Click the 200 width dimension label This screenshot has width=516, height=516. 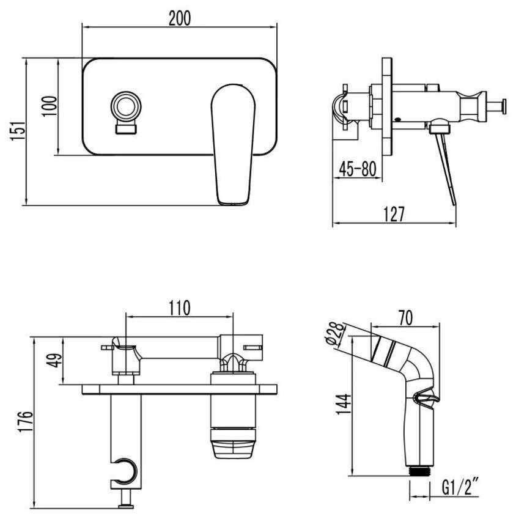[179, 18]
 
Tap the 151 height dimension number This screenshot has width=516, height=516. [18, 131]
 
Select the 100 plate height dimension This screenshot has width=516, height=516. [50, 106]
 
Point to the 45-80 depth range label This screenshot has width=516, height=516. [358, 169]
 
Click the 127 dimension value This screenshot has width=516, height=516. [394, 214]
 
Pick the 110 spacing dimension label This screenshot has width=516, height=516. [180, 308]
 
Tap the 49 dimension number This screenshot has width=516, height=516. [54, 360]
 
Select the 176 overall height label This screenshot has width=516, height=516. [26, 422]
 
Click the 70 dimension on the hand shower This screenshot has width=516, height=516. [405, 318]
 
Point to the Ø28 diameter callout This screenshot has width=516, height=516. [336, 333]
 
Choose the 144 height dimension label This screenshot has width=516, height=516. [344, 405]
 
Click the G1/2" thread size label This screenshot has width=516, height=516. [460, 487]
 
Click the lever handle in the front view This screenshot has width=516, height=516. [233, 145]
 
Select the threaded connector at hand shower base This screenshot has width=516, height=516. [419, 471]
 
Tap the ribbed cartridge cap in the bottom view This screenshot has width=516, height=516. [234, 443]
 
